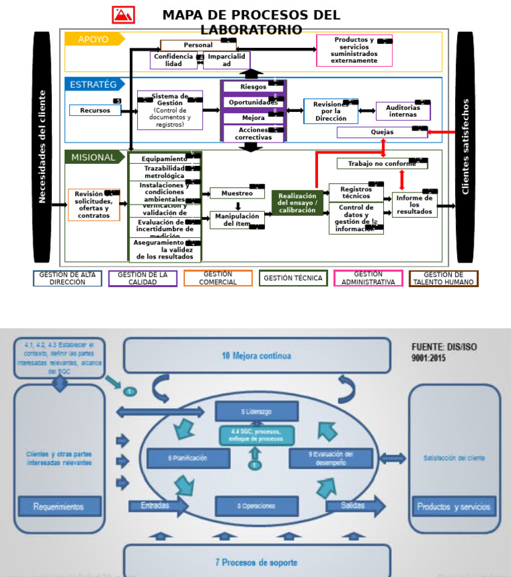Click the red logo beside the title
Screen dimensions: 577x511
click(x=124, y=15)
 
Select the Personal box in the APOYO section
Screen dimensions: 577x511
click(x=198, y=45)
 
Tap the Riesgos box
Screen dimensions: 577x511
click(x=254, y=87)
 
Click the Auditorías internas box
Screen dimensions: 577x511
click(x=403, y=111)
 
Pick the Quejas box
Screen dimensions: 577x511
click(x=381, y=132)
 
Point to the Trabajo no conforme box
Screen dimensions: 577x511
click(x=381, y=163)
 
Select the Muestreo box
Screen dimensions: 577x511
click(x=237, y=193)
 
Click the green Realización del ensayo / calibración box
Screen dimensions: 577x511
click(x=297, y=203)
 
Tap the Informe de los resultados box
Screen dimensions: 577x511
click(x=415, y=205)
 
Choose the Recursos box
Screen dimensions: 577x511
click(x=95, y=111)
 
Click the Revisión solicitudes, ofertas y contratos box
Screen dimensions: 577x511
click(x=94, y=205)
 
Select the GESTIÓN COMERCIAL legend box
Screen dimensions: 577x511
click(x=218, y=279)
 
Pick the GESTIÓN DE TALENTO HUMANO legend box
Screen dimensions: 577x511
click(x=443, y=279)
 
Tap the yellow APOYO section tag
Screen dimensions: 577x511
click(x=94, y=39)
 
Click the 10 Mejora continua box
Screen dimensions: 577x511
click(x=257, y=356)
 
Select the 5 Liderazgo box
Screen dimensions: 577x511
click(x=256, y=412)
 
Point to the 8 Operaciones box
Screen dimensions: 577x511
click(x=256, y=506)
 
